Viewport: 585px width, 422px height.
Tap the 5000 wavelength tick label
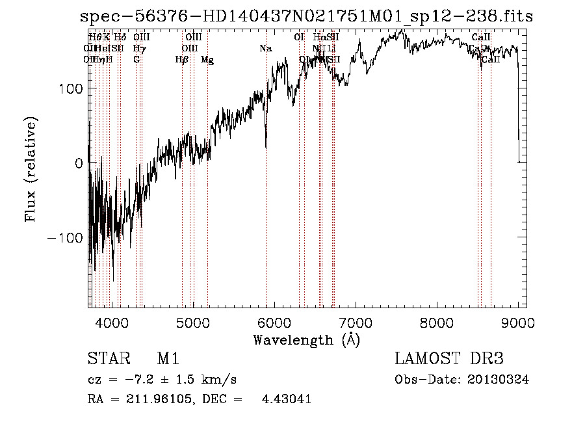pos(193,322)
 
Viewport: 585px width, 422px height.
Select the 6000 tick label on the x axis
pos(274,322)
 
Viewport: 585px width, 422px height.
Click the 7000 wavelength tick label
pos(356,322)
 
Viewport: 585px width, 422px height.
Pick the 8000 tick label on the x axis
pos(437,322)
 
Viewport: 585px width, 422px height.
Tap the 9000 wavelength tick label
pos(518,322)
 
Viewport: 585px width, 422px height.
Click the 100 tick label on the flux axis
pos(70,88)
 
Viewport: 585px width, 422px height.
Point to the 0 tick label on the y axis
pos(78,163)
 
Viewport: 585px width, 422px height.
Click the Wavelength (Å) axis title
pos(306,339)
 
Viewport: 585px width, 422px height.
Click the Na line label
pos(265,49)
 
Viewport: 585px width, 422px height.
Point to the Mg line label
pos(207,60)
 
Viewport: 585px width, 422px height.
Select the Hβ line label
pos(182,60)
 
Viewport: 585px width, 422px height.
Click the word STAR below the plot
pos(107,359)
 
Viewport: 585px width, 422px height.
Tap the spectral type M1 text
pos(168,359)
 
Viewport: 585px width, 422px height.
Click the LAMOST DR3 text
pos(448,359)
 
